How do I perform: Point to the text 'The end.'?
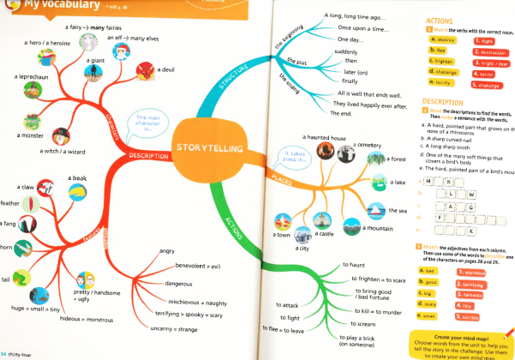341,114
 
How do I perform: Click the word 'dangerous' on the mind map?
178,283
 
